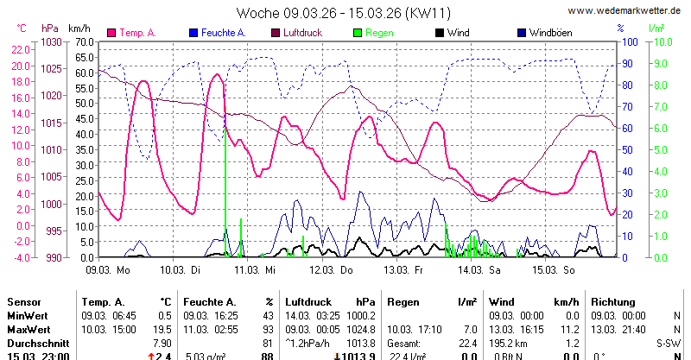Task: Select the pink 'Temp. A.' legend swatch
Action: [x=111, y=33]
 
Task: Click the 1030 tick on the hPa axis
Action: [x=52, y=41]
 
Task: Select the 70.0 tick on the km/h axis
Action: [x=83, y=41]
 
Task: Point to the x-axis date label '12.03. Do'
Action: [x=333, y=270]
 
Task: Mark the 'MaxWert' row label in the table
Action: [x=30, y=330]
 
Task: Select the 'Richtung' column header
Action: [x=614, y=302]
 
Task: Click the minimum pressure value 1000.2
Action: [x=360, y=316]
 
